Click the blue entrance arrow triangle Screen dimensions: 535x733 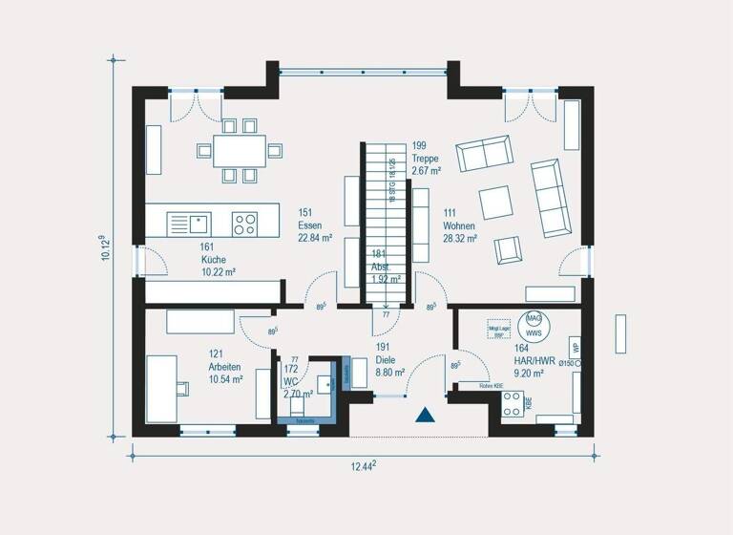click(x=425, y=415)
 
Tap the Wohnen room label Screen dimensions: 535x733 click(x=458, y=225)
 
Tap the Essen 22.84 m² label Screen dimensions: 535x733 click(x=314, y=225)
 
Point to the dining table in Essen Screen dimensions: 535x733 click(x=239, y=150)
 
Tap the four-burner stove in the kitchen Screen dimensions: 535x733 click(x=244, y=224)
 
